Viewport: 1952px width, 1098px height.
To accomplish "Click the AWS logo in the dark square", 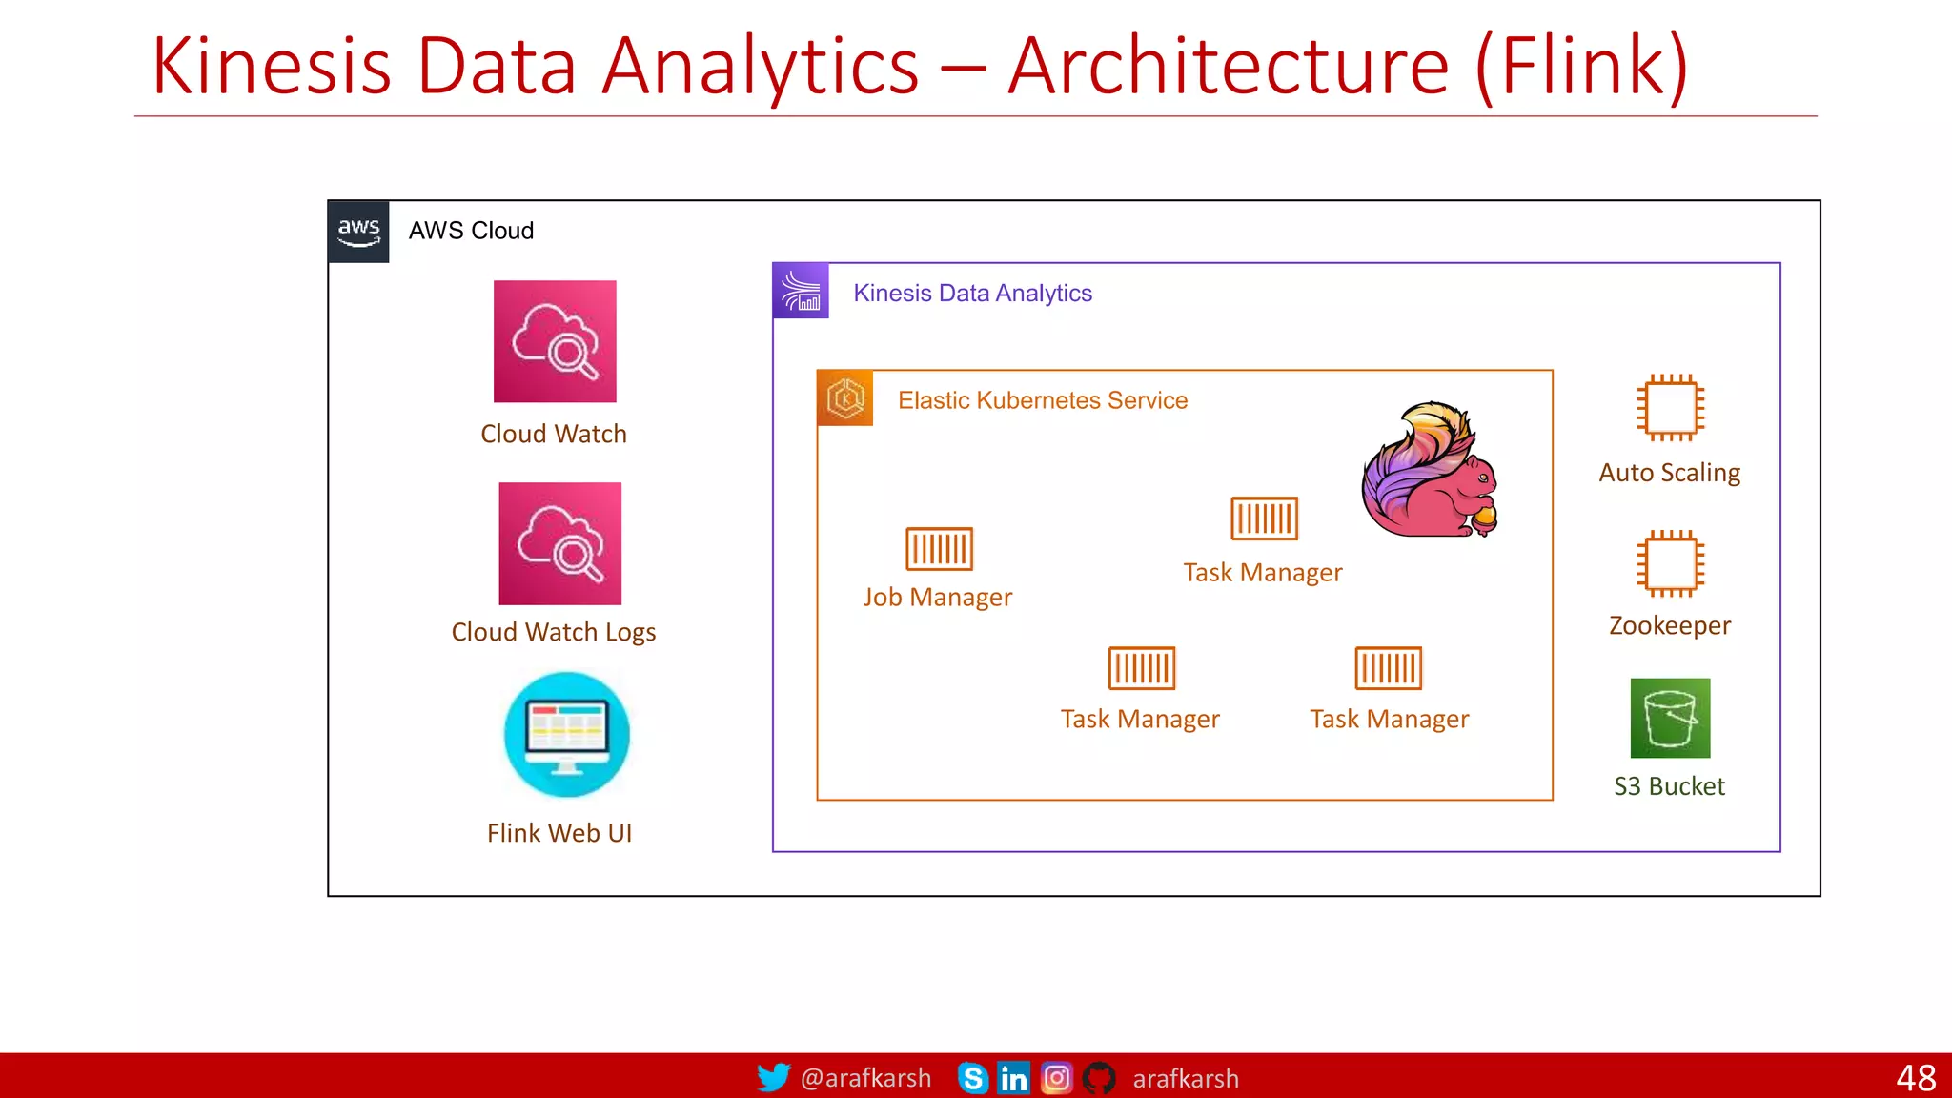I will tap(358, 231).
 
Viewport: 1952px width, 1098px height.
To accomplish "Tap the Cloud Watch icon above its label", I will tap(555, 341).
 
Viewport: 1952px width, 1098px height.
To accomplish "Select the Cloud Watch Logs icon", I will tap(560, 543).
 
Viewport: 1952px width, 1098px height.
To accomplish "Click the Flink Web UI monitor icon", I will tap(567, 734).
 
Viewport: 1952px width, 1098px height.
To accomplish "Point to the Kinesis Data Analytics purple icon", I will tap(801, 291).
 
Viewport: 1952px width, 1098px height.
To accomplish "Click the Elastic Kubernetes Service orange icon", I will tap(845, 397).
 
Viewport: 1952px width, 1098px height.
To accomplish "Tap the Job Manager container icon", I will tap(939, 548).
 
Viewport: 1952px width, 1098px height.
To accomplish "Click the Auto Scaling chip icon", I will tap(1671, 408).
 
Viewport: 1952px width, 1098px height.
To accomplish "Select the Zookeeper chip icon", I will tap(1671, 563).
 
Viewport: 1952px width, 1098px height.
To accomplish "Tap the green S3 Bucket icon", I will tap(1670, 718).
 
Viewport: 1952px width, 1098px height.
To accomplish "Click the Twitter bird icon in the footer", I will tap(773, 1078).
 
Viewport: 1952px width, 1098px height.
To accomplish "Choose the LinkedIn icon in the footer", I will tap(1013, 1078).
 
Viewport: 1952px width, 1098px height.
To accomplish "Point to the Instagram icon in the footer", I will tap(1056, 1078).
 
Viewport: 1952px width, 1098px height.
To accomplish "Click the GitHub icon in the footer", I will tap(1099, 1078).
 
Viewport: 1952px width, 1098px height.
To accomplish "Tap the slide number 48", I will tap(1915, 1078).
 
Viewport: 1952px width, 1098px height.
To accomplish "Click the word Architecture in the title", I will tap(1229, 67).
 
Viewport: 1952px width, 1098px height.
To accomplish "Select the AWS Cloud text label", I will tap(471, 231).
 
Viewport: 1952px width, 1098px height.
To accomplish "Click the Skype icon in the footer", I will tap(972, 1078).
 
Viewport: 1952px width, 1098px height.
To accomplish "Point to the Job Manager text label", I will tap(938, 598).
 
